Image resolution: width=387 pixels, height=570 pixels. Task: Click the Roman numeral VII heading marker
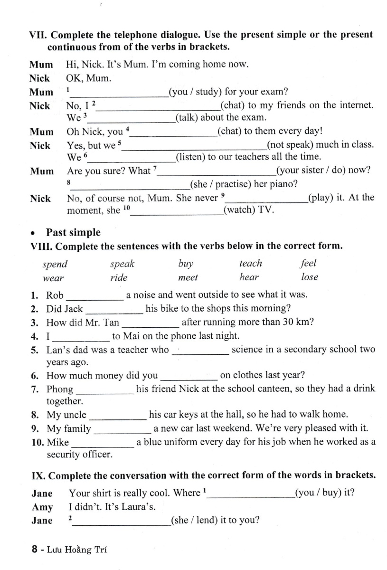tap(38, 35)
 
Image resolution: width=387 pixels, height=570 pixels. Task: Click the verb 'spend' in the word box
tap(55, 264)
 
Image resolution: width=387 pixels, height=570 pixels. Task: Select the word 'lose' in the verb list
tap(310, 277)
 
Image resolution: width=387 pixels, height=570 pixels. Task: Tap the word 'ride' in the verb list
tap(119, 277)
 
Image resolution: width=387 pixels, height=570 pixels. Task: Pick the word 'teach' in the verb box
tap(250, 263)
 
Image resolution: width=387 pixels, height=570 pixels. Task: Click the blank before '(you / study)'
tap(118, 93)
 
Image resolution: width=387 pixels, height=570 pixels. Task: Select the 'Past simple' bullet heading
tap(73, 232)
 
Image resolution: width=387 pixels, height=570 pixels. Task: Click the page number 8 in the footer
tap(34, 550)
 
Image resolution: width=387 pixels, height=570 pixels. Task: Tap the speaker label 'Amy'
tap(42, 507)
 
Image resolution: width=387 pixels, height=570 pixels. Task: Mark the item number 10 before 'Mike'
tap(37, 443)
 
